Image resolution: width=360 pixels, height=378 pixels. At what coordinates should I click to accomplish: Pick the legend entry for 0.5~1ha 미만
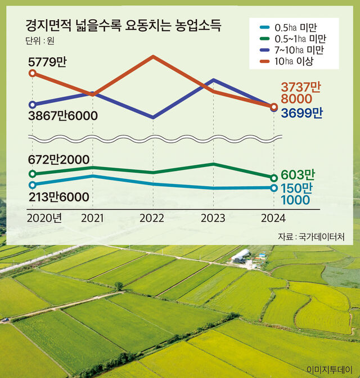click(301, 39)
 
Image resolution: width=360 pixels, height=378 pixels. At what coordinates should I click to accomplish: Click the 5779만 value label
click(47, 61)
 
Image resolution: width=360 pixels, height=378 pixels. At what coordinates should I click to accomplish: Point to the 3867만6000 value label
click(62, 115)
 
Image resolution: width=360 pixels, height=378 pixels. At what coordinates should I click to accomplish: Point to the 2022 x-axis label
click(151, 218)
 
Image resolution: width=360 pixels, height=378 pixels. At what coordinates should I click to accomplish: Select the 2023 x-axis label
click(213, 218)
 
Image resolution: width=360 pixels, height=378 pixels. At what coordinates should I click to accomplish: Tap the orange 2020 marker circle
click(32, 73)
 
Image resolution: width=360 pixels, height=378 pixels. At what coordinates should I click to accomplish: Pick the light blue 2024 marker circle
click(274, 188)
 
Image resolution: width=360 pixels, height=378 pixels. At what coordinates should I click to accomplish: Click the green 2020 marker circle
click(32, 174)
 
